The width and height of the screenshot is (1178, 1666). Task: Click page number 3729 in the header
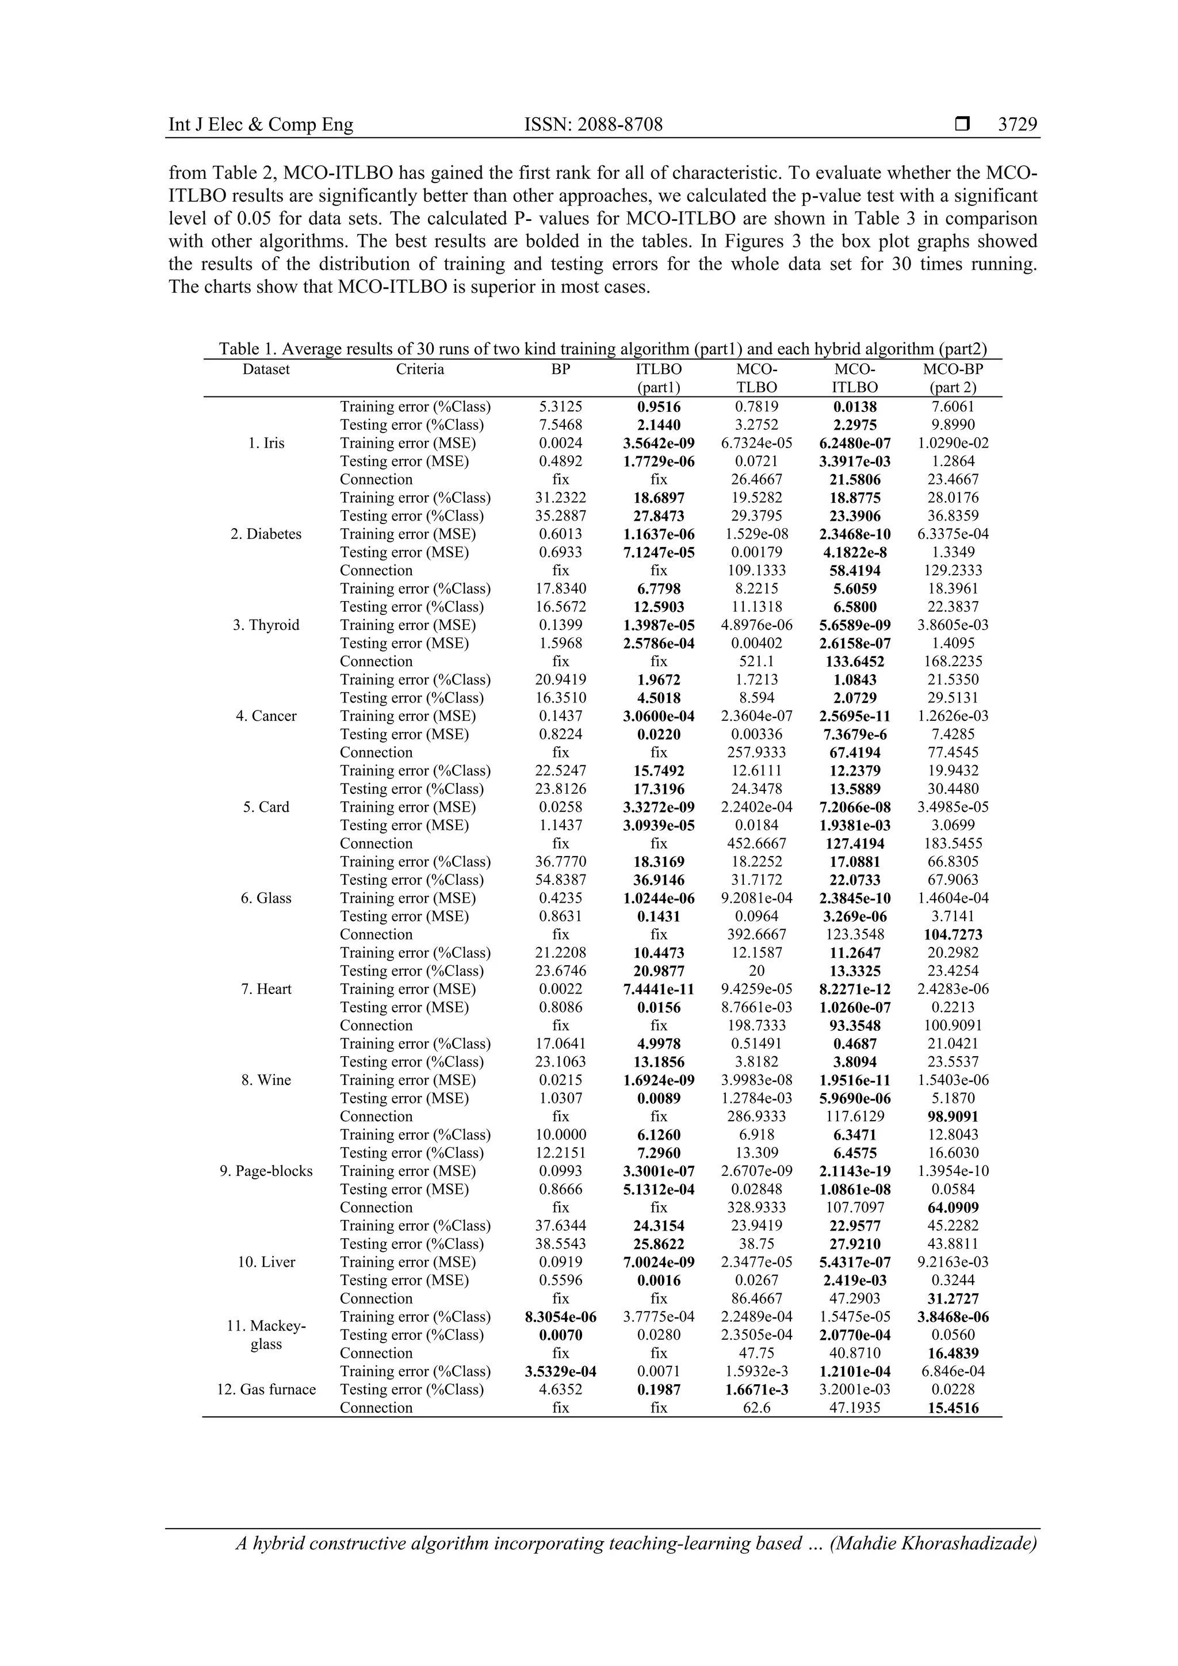pyautogui.click(x=1017, y=124)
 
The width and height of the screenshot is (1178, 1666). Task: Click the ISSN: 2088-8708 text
pyautogui.click(x=594, y=124)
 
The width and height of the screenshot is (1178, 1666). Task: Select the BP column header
pyautogui.click(x=561, y=369)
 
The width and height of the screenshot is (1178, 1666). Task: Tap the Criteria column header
pyautogui.click(x=420, y=369)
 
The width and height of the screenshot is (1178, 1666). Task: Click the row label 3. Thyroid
pyautogui.click(x=266, y=625)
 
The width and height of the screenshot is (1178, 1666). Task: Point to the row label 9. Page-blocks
pyautogui.click(x=266, y=1171)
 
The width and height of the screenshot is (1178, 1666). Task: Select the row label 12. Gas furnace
pyautogui.click(x=266, y=1389)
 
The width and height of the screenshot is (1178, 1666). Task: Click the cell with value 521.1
pyautogui.click(x=756, y=661)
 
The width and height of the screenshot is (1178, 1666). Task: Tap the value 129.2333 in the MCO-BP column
pyautogui.click(x=953, y=570)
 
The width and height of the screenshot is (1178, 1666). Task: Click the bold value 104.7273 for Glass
pyautogui.click(x=953, y=935)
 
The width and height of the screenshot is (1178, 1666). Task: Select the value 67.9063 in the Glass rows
pyautogui.click(x=953, y=880)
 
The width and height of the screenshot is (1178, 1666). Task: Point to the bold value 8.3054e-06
pyautogui.click(x=561, y=1316)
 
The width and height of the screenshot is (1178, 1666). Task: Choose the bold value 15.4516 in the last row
pyautogui.click(x=953, y=1408)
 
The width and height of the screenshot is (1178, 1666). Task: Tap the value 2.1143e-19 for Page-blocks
pyautogui.click(x=855, y=1171)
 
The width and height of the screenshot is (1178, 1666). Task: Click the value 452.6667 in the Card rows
pyautogui.click(x=756, y=843)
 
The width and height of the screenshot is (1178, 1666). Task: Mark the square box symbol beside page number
pyautogui.click(x=962, y=124)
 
